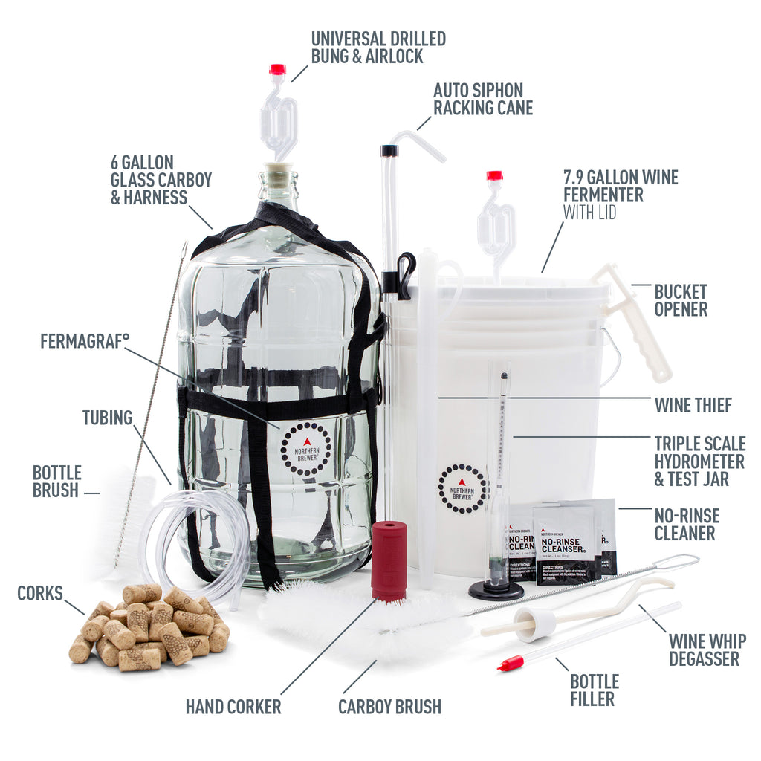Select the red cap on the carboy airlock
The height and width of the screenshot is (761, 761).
click(x=277, y=70)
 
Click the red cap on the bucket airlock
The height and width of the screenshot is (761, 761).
click(x=494, y=176)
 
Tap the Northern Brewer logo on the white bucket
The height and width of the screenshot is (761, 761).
click(x=462, y=489)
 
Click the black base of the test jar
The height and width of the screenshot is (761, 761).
click(x=496, y=591)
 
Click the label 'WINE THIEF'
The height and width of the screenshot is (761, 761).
click(x=693, y=405)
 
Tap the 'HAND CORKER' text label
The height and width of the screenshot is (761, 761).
click(x=233, y=707)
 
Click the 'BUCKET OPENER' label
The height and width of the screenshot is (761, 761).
click(x=680, y=299)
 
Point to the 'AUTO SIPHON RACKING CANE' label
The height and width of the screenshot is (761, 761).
click(x=483, y=99)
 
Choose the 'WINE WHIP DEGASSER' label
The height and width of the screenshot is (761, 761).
click(x=707, y=650)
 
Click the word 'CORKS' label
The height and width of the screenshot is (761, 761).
click(x=40, y=593)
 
